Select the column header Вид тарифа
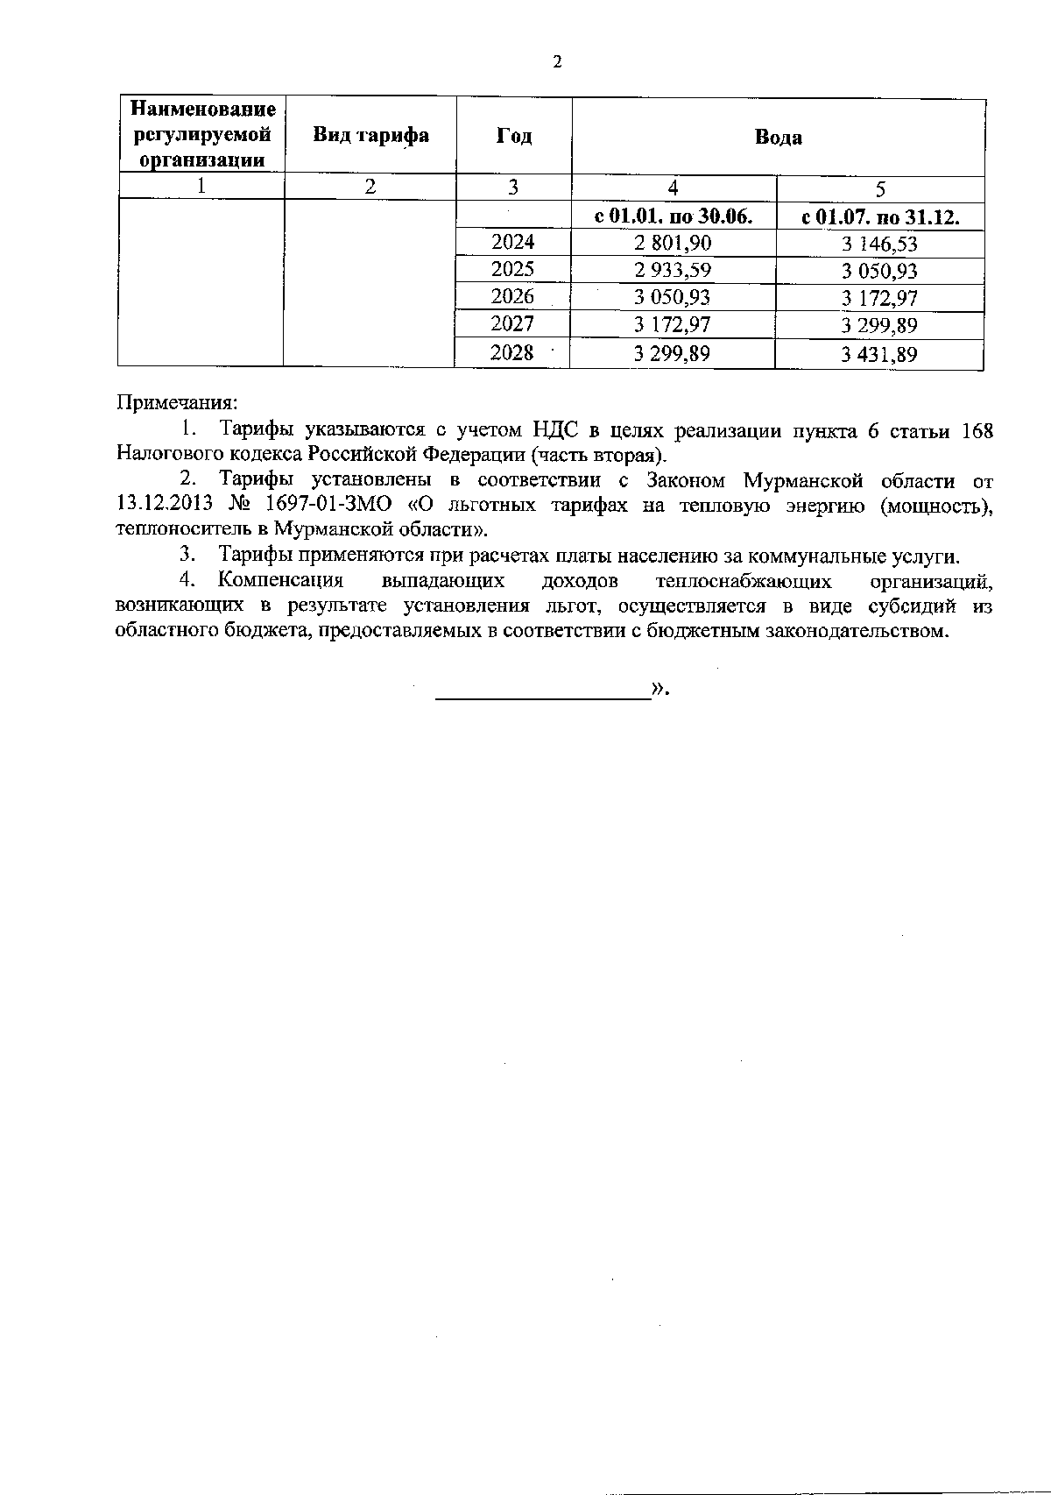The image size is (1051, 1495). pyautogui.click(x=371, y=135)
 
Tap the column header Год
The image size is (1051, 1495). pyautogui.click(x=514, y=136)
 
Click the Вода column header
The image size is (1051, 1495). pyautogui.click(x=778, y=137)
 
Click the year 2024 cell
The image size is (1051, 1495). pyautogui.click(x=513, y=242)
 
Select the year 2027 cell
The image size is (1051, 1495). pyautogui.click(x=513, y=324)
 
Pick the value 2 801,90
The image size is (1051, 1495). pyautogui.click(x=673, y=243)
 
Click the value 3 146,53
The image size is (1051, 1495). pyautogui.click(x=879, y=244)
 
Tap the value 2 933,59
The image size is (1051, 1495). pyautogui.click(x=673, y=270)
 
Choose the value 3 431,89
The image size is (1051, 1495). pyautogui.click(x=879, y=354)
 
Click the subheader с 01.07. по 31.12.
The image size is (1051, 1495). pyautogui.click(x=880, y=217)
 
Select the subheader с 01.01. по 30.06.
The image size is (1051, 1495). pyautogui.click(x=674, y=216)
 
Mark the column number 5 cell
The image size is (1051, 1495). pyautogui.click(x=880, y=189)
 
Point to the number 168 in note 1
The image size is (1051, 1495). pyautogui.click(x=977, y=430)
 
